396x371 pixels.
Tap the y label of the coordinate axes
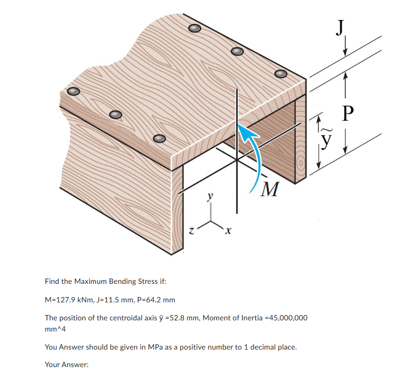[210, 197]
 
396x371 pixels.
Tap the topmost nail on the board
[194, 28]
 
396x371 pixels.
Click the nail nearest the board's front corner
[159, 139]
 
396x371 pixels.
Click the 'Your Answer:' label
[64, 364]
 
